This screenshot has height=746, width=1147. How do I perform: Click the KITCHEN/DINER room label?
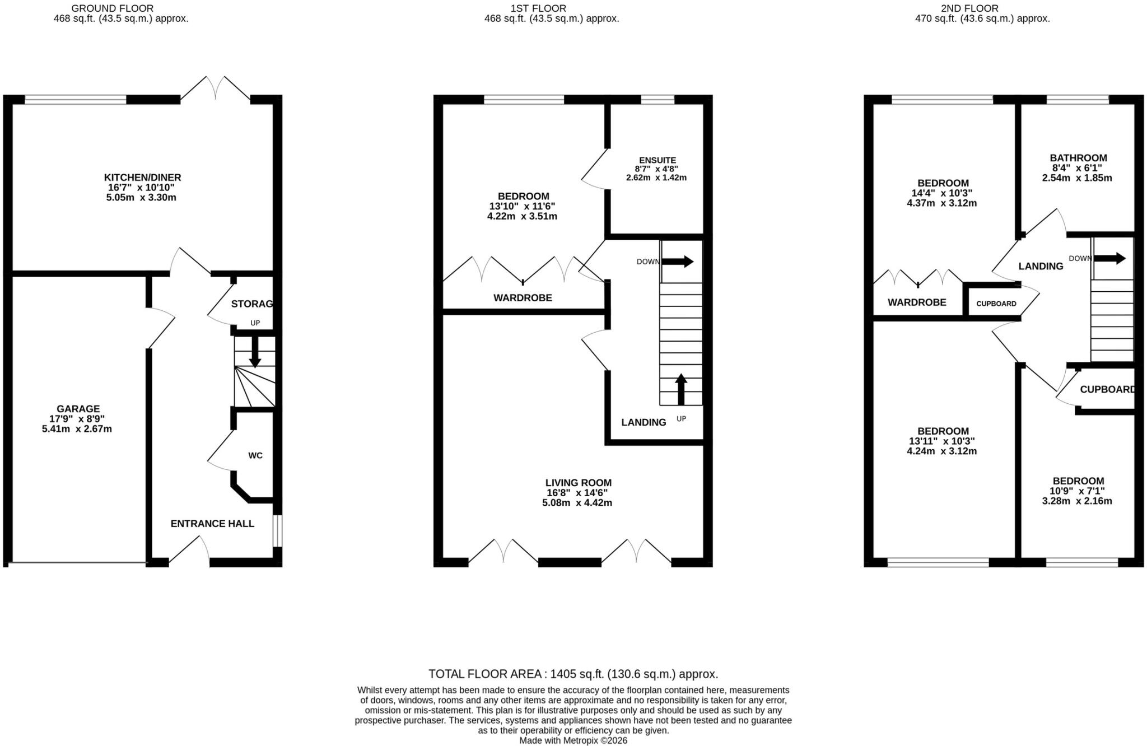[x=143, y=178]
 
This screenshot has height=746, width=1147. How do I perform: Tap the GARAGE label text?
[x=78, y=409]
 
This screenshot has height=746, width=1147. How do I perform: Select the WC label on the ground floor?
[x=255, y=455]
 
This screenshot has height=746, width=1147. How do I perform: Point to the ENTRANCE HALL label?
[x=212, y=524]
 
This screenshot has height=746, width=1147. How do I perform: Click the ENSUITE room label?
[x=658, y=160]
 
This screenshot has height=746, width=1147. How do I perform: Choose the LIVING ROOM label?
[x=579, y=483]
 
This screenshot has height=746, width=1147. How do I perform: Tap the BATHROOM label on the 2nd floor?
[x=1078, y=158]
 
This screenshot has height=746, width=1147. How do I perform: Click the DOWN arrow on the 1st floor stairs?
[x=678, y=262]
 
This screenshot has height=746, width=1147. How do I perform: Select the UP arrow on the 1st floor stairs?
[x=681, y=389]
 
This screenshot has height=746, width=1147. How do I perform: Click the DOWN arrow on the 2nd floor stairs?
[x=1109, y=258]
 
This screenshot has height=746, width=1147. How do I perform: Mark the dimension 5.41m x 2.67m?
[x=77, y=429]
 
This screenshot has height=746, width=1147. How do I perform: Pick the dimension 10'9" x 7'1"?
[x=1077, y=491]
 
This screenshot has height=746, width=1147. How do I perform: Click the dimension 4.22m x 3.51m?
[x=522, y=216]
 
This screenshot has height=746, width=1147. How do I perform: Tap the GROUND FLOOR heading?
[x=112, y=8]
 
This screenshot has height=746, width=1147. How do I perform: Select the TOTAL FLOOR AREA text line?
[x=573, y=674]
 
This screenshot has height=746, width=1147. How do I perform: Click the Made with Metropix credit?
[x=573, y=740]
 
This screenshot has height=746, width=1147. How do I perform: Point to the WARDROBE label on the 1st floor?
[x=523, y=298]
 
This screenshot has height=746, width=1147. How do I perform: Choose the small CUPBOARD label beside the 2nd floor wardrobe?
[x=996, y=304]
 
